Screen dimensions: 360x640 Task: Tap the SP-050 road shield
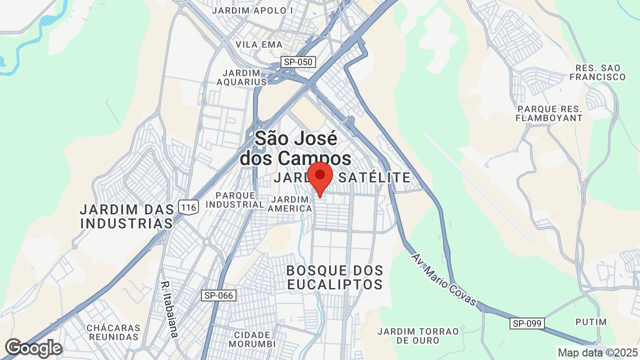pos(298,62)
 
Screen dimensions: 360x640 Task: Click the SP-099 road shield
pos(527,323)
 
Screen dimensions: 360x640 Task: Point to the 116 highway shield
pos(189,206)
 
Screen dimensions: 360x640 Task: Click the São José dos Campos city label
pos(295,148)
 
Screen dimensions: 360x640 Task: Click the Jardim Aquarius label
pos(242,77)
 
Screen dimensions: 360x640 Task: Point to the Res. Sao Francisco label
pos(597,72)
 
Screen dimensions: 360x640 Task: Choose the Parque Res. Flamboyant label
pos(550,113)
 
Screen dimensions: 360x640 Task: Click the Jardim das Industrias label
pos(127,215)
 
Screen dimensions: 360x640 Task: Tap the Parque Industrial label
pos(235,199)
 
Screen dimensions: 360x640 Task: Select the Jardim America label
pos(290,204)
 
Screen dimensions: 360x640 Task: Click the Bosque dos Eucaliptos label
pos(334,277)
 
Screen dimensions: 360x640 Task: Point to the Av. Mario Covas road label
pos(444,280)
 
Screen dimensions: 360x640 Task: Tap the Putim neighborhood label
pos(590,322)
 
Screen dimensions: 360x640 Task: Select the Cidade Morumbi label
pos(252,339)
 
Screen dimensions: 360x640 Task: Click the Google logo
pos(33,348)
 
